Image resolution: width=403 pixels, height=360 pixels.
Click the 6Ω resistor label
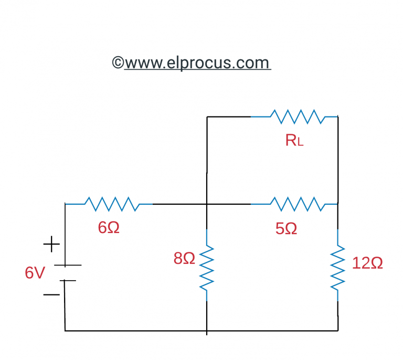[109, 228]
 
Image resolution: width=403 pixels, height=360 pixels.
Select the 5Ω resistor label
[286, 228]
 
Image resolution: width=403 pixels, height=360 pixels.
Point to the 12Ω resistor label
[367, 263]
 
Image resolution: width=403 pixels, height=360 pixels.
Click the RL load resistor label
[294, 140]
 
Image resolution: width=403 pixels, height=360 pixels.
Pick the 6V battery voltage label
[35, 273]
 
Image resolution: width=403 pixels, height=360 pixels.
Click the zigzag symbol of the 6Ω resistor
[111, 204]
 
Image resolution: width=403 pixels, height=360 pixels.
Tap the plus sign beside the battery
[51, 244]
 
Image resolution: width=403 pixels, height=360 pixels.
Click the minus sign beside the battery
[51, 295]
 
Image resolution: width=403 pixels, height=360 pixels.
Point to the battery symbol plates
[65, 273]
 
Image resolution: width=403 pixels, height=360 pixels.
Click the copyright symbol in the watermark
[118, 63]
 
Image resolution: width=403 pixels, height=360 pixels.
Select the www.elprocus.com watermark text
[197, 63]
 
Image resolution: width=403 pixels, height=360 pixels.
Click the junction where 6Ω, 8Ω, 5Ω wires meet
[207, 204]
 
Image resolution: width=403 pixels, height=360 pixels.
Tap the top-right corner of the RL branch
[337, 117]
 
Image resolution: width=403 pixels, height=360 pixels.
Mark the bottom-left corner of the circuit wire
[65, 331]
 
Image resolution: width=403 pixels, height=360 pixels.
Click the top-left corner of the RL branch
[207, 117]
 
